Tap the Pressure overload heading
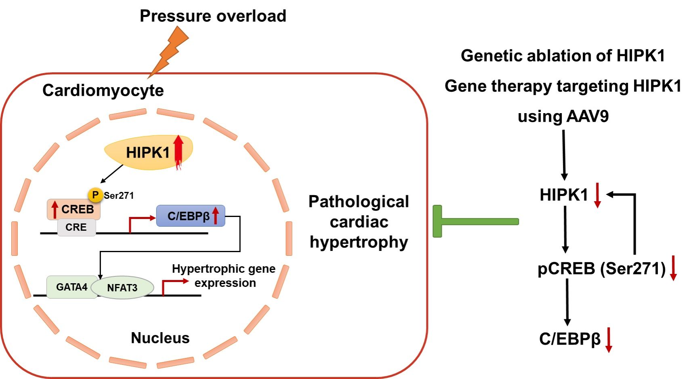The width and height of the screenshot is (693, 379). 213,16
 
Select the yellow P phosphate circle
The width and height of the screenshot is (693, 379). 95,195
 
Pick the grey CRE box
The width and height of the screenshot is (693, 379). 76,227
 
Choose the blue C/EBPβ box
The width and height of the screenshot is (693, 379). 190,216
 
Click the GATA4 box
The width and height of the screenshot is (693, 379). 71,287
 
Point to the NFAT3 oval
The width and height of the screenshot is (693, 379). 122,288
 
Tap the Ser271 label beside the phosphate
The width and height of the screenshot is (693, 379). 119,196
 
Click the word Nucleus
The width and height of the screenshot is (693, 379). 160,338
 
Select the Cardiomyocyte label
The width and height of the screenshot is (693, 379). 103,90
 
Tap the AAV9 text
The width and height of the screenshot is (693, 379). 588,116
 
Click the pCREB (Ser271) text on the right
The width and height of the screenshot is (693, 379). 601,269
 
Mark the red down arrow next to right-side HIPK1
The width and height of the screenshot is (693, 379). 598,195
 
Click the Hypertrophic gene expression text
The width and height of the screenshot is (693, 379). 224,276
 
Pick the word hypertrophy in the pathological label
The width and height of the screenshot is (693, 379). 359,242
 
